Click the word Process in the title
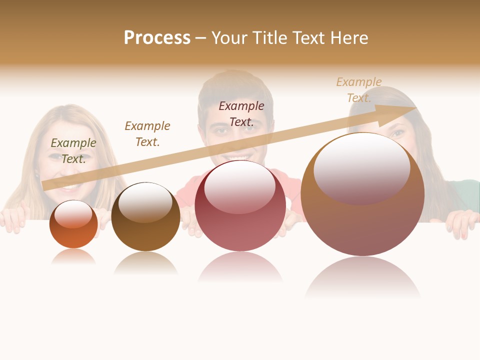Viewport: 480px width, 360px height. [157, 38]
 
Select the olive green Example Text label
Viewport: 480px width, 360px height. [73, 150]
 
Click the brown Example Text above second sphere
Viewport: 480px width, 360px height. [147, 133]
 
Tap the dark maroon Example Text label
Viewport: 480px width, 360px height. [241, 113]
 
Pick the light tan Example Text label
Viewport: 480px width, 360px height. [359, 89]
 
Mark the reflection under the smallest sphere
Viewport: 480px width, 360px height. [73, 257]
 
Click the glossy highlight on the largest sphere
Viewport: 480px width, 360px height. [362, 167]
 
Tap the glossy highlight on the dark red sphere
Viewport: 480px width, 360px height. [240, 186]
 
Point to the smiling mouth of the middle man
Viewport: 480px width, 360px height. [235, 157]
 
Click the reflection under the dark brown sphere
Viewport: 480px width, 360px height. [145, 262]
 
